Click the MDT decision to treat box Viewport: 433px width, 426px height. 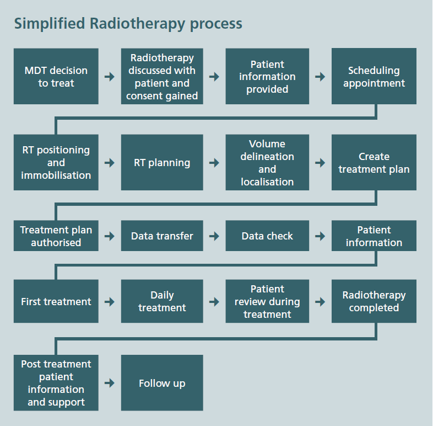[56, 77]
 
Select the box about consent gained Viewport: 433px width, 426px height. [162, 77]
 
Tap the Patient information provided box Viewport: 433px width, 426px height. [267, 77]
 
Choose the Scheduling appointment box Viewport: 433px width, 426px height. [374, 77]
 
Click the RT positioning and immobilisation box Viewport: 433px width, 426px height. [56, 162]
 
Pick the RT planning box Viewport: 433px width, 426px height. [162, 162]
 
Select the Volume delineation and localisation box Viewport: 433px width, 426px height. [267, 162]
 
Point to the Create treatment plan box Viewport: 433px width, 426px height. [374, 162]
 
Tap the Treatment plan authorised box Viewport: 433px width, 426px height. [56, 236]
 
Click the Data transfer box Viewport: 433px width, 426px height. [162, 236]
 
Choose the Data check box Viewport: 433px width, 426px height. [267, 236]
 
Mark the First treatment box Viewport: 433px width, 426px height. [56, 301]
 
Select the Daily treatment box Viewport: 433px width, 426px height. [162, 301]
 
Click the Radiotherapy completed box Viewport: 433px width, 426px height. [374, 301]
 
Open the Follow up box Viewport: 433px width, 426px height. [162, 383]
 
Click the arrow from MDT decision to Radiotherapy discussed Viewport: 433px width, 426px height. [110, 77]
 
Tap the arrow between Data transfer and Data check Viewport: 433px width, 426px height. [214, 236]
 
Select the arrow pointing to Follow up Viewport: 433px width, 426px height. [110, 383]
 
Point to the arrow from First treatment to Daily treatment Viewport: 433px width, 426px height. [110, 302]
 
